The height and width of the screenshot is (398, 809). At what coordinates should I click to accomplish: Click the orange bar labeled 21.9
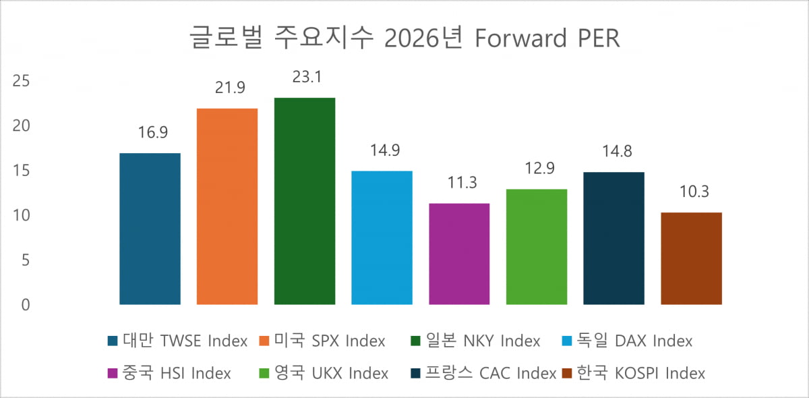pos(227,206)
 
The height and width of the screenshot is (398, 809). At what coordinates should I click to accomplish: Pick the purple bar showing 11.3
pos(459,254)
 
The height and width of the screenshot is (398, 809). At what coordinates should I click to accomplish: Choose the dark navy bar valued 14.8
pos(613,238)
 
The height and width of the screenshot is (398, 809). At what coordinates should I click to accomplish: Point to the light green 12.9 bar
pos(537,247)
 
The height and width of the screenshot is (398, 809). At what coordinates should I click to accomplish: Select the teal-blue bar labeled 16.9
pos(150,229)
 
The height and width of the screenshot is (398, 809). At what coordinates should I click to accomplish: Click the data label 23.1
pos(305,78)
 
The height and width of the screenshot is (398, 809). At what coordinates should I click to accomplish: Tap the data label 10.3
pos(691,192)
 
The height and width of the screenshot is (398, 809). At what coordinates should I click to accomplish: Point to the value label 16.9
pos(150,133)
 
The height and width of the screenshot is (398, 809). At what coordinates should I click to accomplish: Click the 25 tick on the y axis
pos(22,81)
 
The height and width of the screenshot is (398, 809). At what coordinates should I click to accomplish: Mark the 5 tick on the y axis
pos(26,260)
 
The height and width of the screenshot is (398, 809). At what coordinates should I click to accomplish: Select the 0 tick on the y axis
pos(26,305)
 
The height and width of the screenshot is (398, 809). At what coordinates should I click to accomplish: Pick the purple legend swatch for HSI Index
pos(113,373)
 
